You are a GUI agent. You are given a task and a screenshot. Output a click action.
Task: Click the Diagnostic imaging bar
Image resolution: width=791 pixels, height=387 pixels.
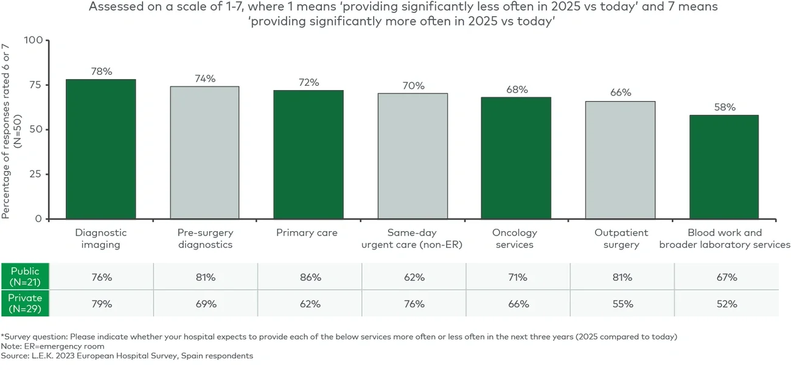point(101,149)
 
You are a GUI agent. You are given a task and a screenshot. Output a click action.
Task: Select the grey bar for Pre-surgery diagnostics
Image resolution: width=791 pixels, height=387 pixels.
point(204,153)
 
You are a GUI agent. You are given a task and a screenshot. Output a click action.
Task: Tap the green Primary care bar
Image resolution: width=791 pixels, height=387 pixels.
point(308,155)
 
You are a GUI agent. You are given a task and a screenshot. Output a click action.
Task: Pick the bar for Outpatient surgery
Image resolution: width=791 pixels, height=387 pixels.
point(620,160)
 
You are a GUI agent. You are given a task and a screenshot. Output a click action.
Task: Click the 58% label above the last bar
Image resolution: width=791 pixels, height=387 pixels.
point(724,107)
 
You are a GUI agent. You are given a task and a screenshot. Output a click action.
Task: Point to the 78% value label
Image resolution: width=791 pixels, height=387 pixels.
point(101,71)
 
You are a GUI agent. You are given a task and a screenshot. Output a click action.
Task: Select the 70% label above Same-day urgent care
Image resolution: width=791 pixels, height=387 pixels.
point(413,86)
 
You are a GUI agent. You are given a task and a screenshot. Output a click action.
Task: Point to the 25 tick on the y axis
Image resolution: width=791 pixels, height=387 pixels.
point(37,174)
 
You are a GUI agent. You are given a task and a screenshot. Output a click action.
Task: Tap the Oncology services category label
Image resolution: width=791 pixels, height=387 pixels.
point(515,239)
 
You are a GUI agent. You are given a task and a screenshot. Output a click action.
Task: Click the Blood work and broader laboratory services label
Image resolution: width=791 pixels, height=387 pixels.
point(724,239)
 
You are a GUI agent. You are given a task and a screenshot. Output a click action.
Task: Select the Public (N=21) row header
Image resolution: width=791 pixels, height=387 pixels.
point(25,277)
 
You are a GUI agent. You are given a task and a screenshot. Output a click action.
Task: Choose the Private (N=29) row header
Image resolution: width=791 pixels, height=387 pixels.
point(25,303)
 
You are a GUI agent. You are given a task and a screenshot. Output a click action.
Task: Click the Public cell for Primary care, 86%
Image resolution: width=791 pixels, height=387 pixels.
point(310,277)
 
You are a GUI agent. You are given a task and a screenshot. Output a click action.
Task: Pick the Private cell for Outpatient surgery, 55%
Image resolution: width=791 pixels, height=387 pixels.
point(622,304)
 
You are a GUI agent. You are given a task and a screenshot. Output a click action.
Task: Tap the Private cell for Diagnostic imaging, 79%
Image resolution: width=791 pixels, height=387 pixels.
point(101,304)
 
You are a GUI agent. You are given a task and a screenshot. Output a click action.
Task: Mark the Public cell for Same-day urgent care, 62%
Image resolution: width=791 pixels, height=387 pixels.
point(414,277)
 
